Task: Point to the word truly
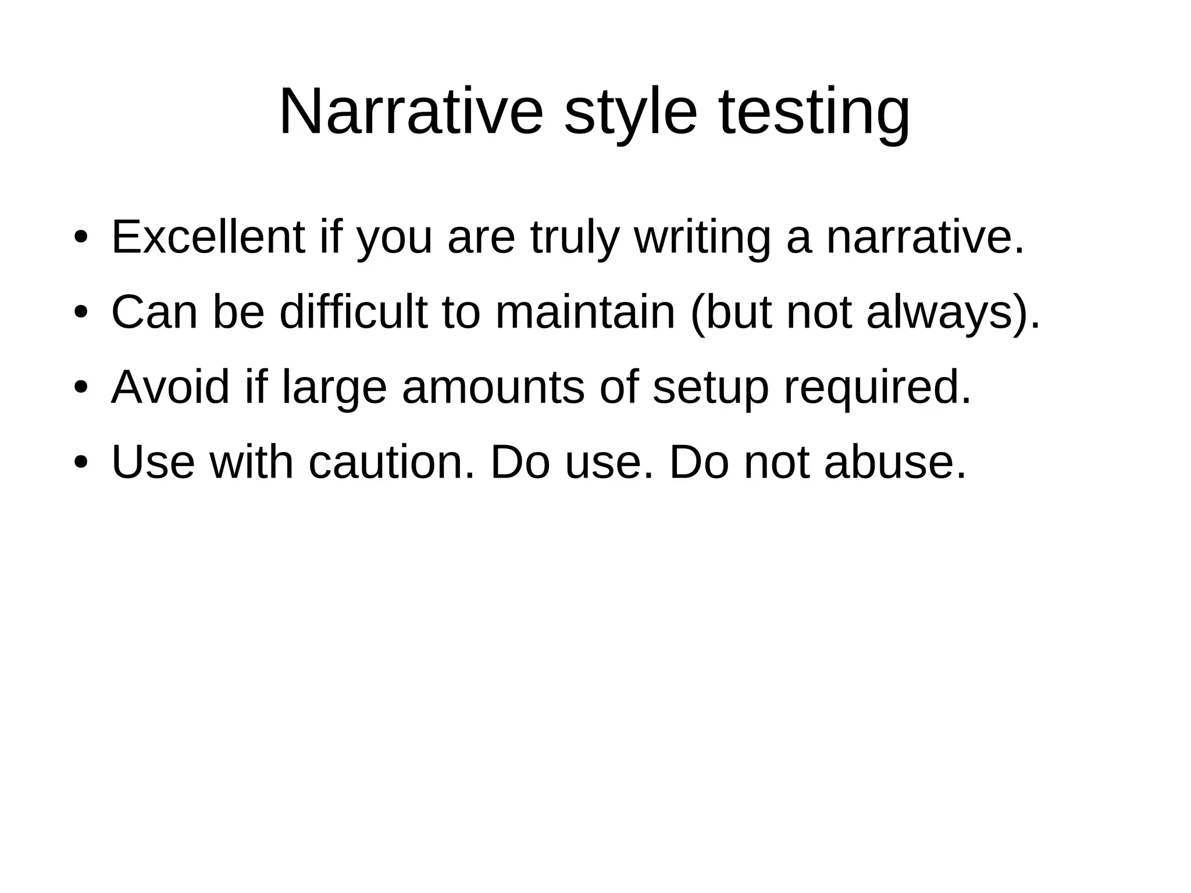(x=573, y=239)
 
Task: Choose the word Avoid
(x=170, y=387)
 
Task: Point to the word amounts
(x=493, y=387)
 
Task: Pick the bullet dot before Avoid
(x=81, y=387)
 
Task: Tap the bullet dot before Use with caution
(x=81, y=462)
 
